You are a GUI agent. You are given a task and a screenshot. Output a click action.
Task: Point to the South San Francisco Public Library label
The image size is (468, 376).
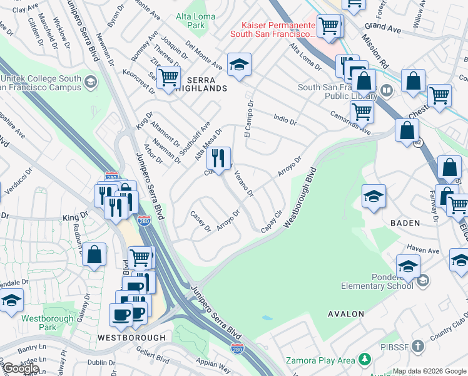(336, 92)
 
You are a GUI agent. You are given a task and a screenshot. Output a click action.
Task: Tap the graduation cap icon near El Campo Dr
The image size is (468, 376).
(239, 65)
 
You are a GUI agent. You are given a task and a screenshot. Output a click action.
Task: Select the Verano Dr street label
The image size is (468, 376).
(244, 184)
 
